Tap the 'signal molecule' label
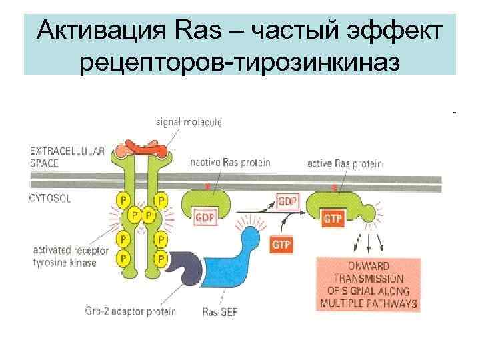coord(189,122)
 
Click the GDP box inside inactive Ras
coord(205,217)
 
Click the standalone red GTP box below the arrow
coord(282,244)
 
